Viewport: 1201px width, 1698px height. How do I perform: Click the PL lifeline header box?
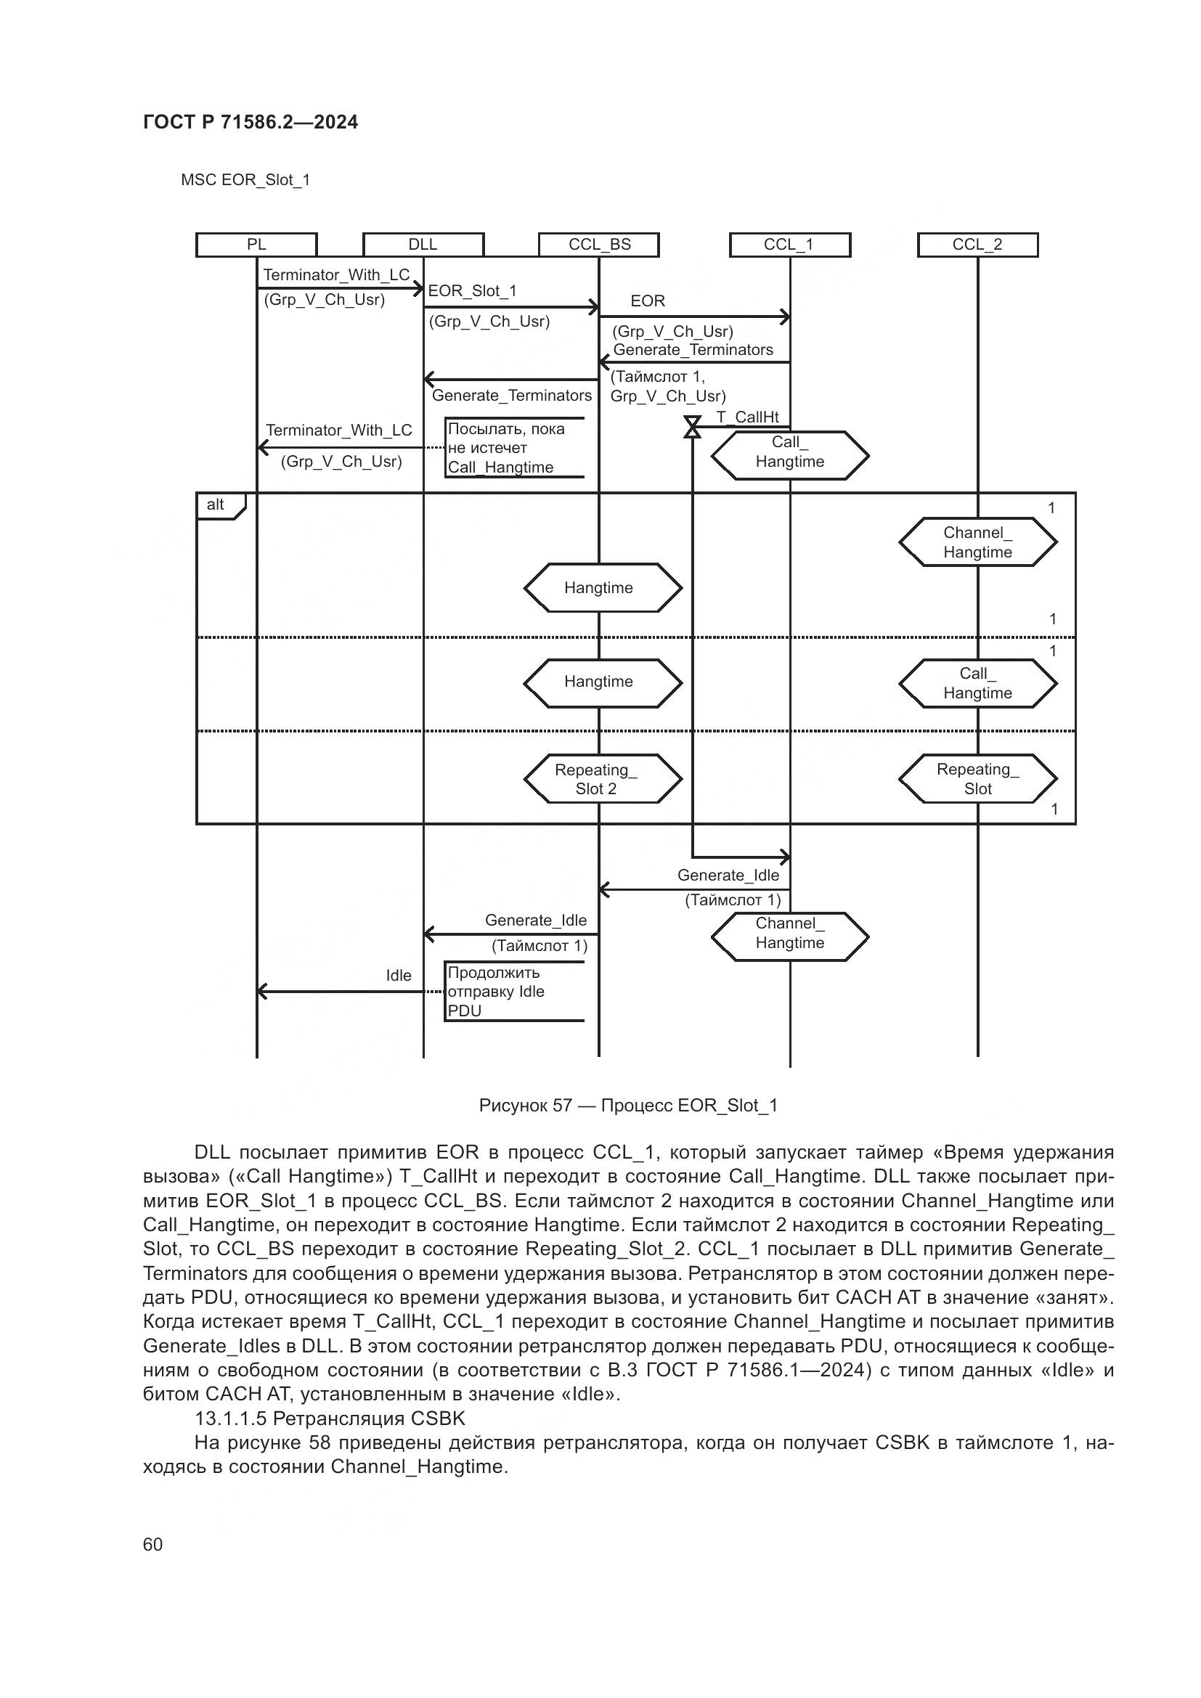pos(256,245)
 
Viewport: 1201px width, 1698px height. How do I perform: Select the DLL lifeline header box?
pos(423,245)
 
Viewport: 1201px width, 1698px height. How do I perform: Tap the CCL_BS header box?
pos(599,245)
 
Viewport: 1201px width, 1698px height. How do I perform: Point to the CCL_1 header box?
pos(789,245)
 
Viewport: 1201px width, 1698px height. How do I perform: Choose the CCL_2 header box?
pos(977,245)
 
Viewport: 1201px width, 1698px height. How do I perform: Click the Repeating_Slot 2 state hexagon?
pos(602,779)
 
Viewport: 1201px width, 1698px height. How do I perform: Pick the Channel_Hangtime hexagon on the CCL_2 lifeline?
pos(977,542)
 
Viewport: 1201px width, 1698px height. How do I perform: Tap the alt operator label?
pos(216,505)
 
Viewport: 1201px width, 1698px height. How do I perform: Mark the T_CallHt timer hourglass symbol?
pos(692,428)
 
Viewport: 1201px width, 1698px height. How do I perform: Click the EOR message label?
pos(648,301)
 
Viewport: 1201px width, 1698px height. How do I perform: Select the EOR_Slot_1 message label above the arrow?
pos(472,291)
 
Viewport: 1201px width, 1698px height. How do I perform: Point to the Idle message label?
pos(399,976)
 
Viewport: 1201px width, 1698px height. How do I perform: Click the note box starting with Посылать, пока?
pos(515,448)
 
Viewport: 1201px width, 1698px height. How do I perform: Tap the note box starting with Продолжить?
pos(515,992)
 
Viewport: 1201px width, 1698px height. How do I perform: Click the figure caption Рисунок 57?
pos(628,1106)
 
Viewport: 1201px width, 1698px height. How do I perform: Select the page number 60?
pos(152,1544)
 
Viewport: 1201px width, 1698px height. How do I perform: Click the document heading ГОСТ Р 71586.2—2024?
pos(250,122)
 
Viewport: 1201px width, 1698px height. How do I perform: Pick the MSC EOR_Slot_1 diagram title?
pos(245,180)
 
